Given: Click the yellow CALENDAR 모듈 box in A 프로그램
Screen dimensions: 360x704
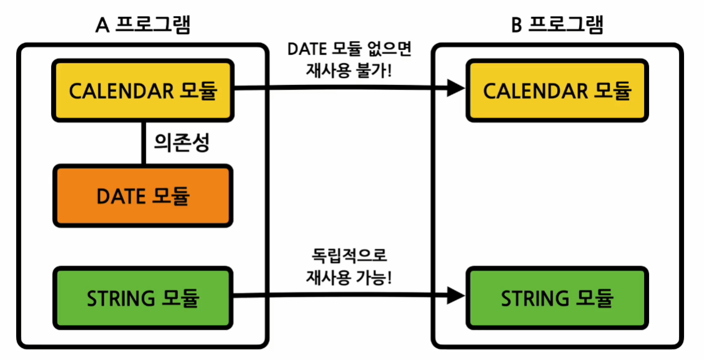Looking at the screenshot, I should click(143, 91).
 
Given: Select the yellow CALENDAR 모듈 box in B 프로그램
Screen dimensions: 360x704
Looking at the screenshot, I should click(557, 91).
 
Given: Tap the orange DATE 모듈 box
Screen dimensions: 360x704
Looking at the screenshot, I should click(143, 196).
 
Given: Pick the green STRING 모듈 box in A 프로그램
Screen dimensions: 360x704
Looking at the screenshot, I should click(143, 298).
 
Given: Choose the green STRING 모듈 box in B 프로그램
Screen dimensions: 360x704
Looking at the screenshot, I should click(557, 298).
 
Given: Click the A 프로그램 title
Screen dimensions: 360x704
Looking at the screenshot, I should click(143, 25).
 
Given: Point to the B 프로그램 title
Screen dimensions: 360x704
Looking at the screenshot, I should click(557, 25).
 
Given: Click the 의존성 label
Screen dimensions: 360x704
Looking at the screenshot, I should click(181, 143).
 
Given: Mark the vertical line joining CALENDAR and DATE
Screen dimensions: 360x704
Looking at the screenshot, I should click(143, 143).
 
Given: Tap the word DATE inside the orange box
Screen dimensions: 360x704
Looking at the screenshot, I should click(120, 196).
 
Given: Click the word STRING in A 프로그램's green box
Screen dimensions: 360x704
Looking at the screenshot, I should click(121, 299).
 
